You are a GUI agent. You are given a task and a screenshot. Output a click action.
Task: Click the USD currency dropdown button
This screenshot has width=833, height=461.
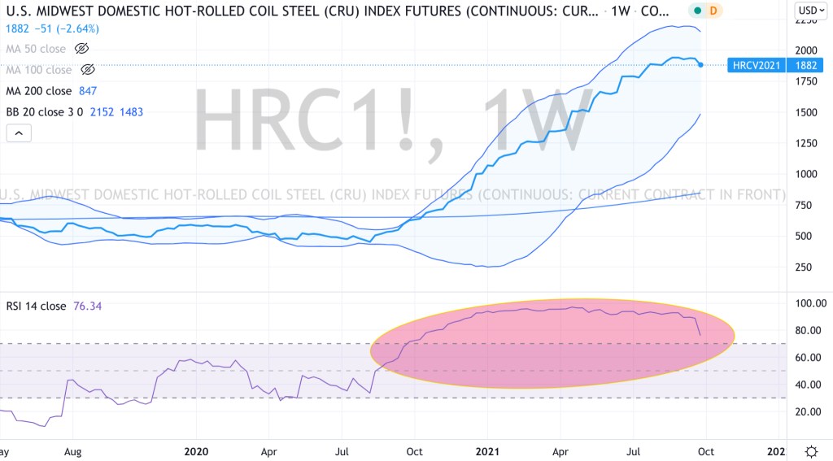[809, 11]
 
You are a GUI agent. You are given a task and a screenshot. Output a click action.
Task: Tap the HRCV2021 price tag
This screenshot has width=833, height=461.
[756, 65]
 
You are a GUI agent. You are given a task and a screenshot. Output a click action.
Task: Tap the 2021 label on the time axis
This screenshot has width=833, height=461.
[486, 450]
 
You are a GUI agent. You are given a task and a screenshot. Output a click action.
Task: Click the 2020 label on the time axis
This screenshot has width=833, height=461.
[196, 450]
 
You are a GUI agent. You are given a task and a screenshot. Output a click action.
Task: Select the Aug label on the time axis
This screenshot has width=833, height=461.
[72, 450]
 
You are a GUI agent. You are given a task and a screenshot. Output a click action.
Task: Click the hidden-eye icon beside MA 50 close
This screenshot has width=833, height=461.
[81, 49]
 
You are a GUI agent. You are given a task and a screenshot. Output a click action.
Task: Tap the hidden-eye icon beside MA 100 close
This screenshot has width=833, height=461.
[88, 70]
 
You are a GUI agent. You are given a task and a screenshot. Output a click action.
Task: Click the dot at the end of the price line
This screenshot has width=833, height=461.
[701, 64]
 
